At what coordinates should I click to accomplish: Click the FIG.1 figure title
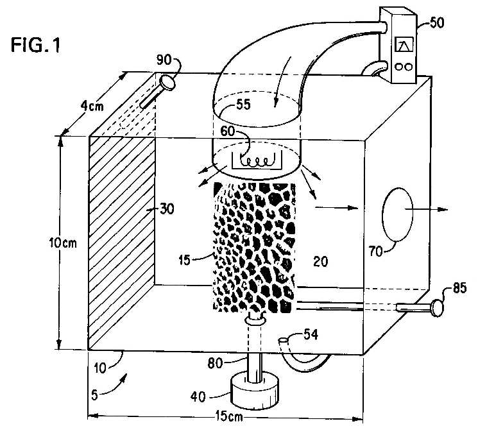click(x=36, y=45)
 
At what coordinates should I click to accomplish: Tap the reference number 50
click(x=436, y=22)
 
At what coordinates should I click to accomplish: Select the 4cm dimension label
click(x=92, y=106)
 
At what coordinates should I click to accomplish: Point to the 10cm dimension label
click(x=63, y=243)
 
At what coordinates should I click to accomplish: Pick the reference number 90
click(x=164, y=60)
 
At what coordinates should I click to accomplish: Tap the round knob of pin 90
click(x=167, y=82)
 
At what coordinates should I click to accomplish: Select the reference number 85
click(x=459, y=288)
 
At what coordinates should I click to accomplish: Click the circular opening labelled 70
click(x=398, y=214)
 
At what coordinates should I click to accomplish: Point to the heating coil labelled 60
click(x=258, y=162)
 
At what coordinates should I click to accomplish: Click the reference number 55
click(x=243, y=105)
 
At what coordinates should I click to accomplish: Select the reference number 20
click(x=320, y=262)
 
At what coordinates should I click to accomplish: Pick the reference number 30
click(x=167, y=209)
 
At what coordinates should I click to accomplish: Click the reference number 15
click(x=184, y=260)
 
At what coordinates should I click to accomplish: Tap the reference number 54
click(x=311, y=335)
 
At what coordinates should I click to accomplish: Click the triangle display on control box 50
click(x=404, y=45)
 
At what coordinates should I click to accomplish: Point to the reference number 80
click(x=215, y=363)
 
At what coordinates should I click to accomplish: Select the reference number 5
click(x=94, y=395)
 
